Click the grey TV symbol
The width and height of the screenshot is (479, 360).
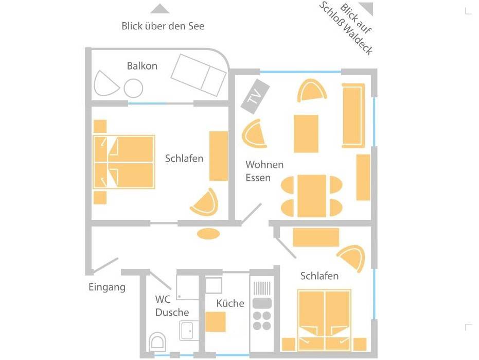(x=255, y=96)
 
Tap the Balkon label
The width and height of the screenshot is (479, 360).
(x=142, y=66)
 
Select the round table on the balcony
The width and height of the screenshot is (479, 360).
(x=133, y=88)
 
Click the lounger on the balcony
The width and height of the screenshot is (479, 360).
(x=199, y=75)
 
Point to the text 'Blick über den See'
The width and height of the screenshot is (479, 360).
(x=163, y=26)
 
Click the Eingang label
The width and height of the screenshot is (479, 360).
(x=107, y=287)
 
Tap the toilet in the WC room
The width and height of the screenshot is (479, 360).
(x=157, y=341)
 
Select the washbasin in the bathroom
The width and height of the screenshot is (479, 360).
(x=187, y=330)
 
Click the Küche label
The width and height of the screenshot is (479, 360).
(x=230, y=303)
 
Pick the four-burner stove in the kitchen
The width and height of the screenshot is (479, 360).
(x=262, y=320)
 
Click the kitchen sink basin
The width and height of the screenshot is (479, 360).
(x=262, y=303)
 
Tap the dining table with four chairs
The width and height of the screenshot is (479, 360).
(x=312, y=196)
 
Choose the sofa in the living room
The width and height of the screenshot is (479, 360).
(x=353, y=115)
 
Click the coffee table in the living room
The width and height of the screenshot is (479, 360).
(x=306, y=134)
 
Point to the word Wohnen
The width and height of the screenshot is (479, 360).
(x=264, y=165)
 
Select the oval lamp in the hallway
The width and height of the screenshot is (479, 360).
(x=208, y=234)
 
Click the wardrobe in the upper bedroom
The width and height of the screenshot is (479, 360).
(x=219, y=156)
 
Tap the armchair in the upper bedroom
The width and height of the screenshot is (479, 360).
(x=205, y=202)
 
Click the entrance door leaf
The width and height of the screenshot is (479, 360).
(x=105, y=265)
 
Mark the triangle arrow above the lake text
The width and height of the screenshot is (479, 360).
(x=160, y=9)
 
